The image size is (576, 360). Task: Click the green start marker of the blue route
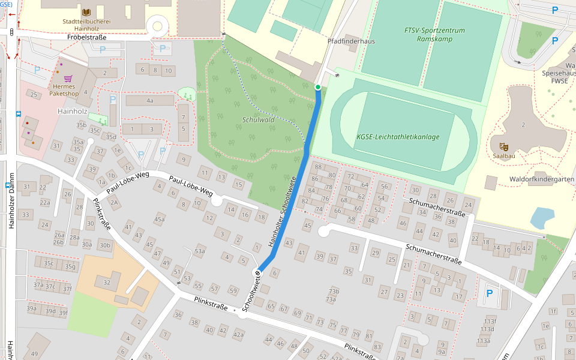[x=318, y=87]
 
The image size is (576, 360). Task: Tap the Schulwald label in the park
[x=258, y=119]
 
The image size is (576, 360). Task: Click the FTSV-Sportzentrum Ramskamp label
[x=434, y=34]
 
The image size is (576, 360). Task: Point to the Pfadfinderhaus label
[x=351, y=41]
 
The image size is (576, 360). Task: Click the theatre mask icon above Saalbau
[x=503, y=146]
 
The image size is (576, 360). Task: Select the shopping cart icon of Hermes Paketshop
[x=68, y=79]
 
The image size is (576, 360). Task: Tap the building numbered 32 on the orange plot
[x=107, y=282]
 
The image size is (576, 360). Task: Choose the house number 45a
[x=159, y=220]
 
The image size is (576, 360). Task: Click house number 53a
[x=200, y=251]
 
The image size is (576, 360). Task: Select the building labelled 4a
[x=149, y=100]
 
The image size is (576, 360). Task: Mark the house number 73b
[x=333, y=291]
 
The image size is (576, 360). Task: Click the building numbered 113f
[x=553, y=311]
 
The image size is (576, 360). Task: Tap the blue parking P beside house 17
[x=489, y=293]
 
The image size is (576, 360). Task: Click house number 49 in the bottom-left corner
[x=35, y=354]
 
